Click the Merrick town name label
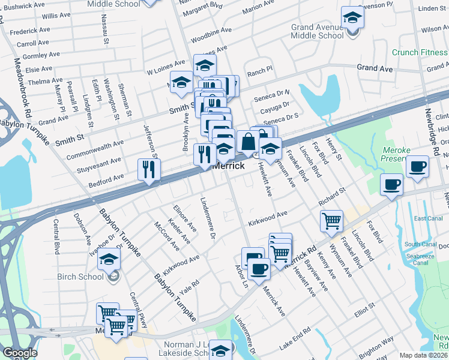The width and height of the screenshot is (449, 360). pos(229,166)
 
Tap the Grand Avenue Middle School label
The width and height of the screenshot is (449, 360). pos(318,31)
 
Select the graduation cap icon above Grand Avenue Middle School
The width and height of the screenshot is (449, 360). pos(352,17)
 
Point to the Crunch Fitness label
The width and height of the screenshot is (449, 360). pos(420,52)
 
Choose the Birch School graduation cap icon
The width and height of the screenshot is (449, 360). pos(109,259)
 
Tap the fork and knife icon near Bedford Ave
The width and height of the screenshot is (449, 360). pos(148,170)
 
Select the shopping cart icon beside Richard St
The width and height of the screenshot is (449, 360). pos(331,221)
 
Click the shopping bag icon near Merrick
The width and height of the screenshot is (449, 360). pos(248,142)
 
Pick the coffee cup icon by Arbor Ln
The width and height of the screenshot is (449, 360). pos(259,269)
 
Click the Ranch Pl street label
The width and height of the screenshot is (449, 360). pos(260,70)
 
